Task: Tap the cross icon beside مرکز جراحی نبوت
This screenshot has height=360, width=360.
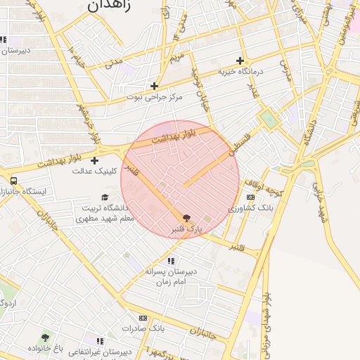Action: (x=155, y=86)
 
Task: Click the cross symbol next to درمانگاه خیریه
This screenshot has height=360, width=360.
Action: (x=240, y=60)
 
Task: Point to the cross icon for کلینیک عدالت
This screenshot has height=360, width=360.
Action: (x=94, y=160)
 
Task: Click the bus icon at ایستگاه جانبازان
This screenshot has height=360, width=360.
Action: (x=13, y=180)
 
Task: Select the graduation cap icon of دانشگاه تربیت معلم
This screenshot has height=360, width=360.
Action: (x=105, y=198)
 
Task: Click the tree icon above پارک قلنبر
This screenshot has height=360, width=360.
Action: (x=186, y=219)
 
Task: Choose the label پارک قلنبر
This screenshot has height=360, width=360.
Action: (x=187, y=230)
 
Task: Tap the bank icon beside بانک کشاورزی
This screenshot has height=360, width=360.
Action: (x=250, y=198)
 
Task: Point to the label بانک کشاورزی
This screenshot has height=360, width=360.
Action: (x=251, y=209)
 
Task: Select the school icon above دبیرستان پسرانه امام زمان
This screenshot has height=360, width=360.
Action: (x=171, y=261)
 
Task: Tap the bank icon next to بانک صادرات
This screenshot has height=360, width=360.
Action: (x=144, y=318)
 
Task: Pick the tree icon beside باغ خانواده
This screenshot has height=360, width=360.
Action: (x=46, y=337)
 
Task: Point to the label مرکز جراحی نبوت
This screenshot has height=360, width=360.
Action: (x=154, y=97)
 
